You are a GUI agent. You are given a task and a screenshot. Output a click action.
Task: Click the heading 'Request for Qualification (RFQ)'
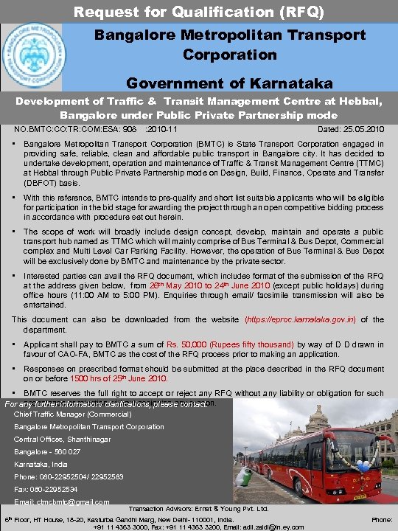[199, 12]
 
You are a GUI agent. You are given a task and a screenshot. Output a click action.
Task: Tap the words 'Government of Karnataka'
[228, 83]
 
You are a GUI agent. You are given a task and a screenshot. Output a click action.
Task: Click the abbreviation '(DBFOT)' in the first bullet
[44, 181]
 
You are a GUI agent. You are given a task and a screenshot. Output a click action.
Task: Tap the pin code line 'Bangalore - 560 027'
[48, 451]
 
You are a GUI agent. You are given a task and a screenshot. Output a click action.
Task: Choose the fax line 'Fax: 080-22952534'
[49, 489]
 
